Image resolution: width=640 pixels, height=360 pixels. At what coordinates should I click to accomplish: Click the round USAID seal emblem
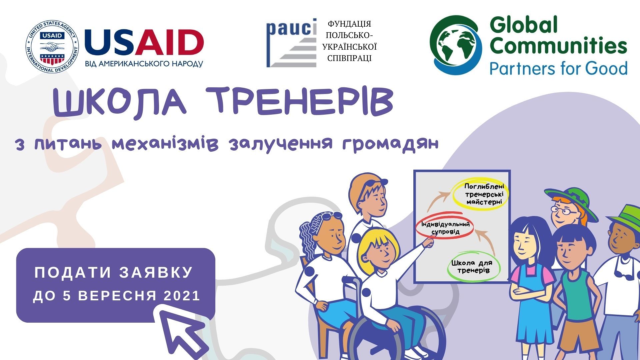[52, 47]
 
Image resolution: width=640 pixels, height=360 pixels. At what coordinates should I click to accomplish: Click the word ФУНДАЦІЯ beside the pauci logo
[349, 24]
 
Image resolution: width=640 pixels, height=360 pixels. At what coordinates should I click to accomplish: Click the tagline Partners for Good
[558, 68]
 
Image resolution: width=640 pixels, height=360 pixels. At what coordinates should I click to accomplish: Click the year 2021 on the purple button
[182, 296]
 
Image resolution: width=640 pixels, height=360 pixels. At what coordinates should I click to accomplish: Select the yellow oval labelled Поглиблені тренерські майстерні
[480, 195]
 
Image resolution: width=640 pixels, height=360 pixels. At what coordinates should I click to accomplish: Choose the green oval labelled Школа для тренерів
[473, 267]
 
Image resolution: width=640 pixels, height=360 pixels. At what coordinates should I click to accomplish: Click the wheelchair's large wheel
[397, 337]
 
